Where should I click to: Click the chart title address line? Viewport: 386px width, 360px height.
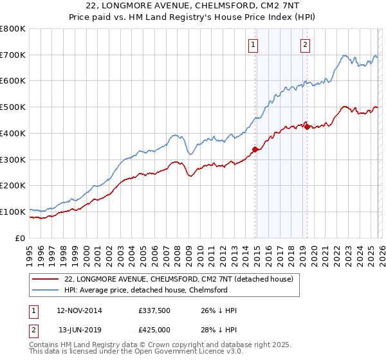tap(193, 6)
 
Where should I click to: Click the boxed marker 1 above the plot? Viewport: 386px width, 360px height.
tap(253, 45)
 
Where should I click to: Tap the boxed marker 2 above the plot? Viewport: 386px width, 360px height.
tap(305, 45)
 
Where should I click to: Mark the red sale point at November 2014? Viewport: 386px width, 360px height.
tap(255, 150)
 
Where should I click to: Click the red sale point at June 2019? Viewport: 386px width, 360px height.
tap(307, 127)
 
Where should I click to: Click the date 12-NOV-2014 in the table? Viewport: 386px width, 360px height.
tap(79, 310)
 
